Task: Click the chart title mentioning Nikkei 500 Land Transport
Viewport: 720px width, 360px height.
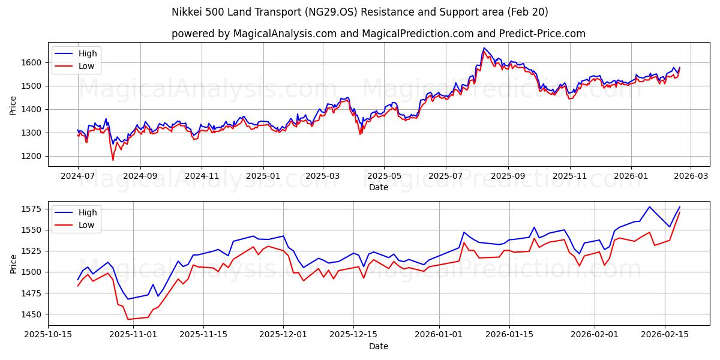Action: (360, 12)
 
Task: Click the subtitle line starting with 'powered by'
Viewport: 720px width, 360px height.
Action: (378, 34)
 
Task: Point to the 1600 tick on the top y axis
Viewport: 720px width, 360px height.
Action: (34, 62)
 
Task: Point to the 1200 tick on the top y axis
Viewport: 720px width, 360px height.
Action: (34, 156)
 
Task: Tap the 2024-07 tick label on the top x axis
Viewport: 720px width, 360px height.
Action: (77, 176)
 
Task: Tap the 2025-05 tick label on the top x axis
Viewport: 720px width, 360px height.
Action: (384, 176)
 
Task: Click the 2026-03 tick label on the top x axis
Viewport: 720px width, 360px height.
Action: (690, 176)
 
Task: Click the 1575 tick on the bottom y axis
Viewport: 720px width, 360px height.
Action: (34, 209)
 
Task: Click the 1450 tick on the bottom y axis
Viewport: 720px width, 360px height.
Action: (34, 314)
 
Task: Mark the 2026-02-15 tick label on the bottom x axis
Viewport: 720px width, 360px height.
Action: (665, 335)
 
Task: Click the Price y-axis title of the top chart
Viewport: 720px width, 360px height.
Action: (13, 104)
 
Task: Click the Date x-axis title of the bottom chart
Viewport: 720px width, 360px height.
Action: (378, 346)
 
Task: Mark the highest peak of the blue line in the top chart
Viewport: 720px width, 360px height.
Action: (484, 48)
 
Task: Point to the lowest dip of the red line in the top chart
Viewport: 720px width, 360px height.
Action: (113, 160)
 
